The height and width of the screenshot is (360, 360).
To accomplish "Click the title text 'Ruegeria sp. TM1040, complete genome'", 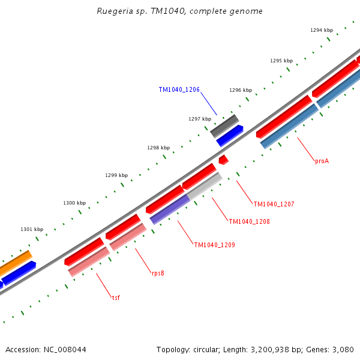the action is (179, 11).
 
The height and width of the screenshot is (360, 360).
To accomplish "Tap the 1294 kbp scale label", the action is (321, 30).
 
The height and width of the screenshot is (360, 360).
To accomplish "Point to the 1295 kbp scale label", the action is (281, 61).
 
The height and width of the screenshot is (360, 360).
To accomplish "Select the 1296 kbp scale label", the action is (240, 90).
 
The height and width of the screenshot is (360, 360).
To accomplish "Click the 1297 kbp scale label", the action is (199, 119).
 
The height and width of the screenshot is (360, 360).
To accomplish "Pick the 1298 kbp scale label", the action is (158, 148).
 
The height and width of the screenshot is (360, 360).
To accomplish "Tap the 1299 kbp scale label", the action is (116, 175).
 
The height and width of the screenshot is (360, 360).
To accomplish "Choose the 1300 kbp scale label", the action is (74, 203).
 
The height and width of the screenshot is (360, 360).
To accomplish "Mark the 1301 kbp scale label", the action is (32, 229).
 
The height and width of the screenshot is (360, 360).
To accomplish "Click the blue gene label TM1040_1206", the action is (179, 89).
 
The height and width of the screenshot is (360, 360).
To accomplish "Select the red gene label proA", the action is (322, 161).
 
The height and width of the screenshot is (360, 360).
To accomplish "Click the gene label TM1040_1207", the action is (274, 204).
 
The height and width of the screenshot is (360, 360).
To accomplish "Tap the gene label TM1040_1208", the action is (249, 221).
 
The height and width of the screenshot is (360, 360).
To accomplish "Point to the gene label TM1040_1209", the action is (214, 245).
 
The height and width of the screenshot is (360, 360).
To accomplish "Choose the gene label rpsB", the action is (158, 273).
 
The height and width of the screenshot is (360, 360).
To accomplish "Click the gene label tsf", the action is (116, 297).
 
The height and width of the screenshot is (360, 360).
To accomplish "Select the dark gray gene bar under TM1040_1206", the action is (224, 126).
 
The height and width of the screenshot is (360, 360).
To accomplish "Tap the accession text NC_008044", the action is (46, 349).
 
